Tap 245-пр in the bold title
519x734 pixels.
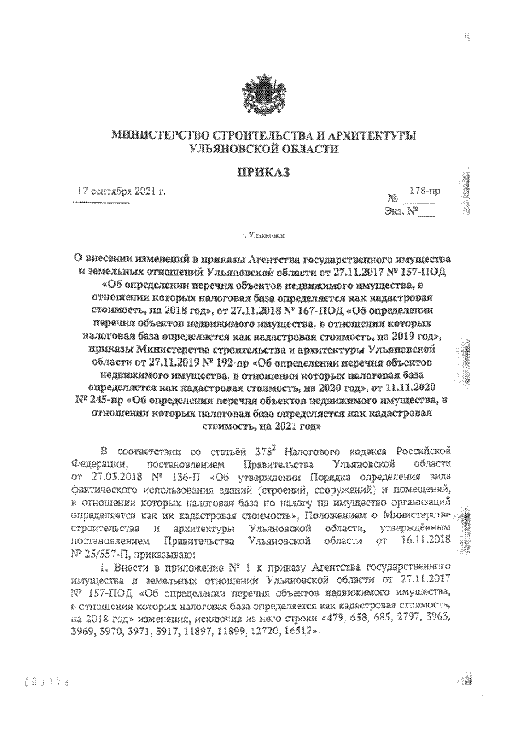click(x=99, y=400)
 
